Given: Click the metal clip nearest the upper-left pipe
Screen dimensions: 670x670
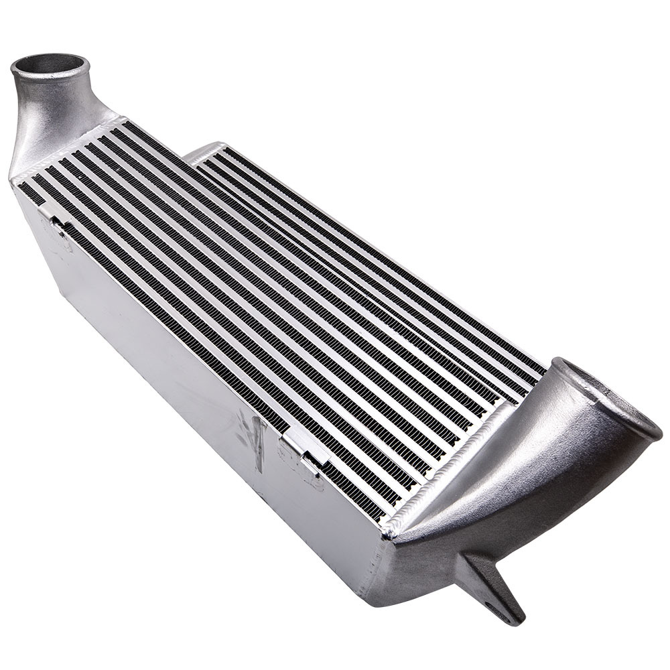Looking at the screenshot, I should [x=54, y=218].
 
